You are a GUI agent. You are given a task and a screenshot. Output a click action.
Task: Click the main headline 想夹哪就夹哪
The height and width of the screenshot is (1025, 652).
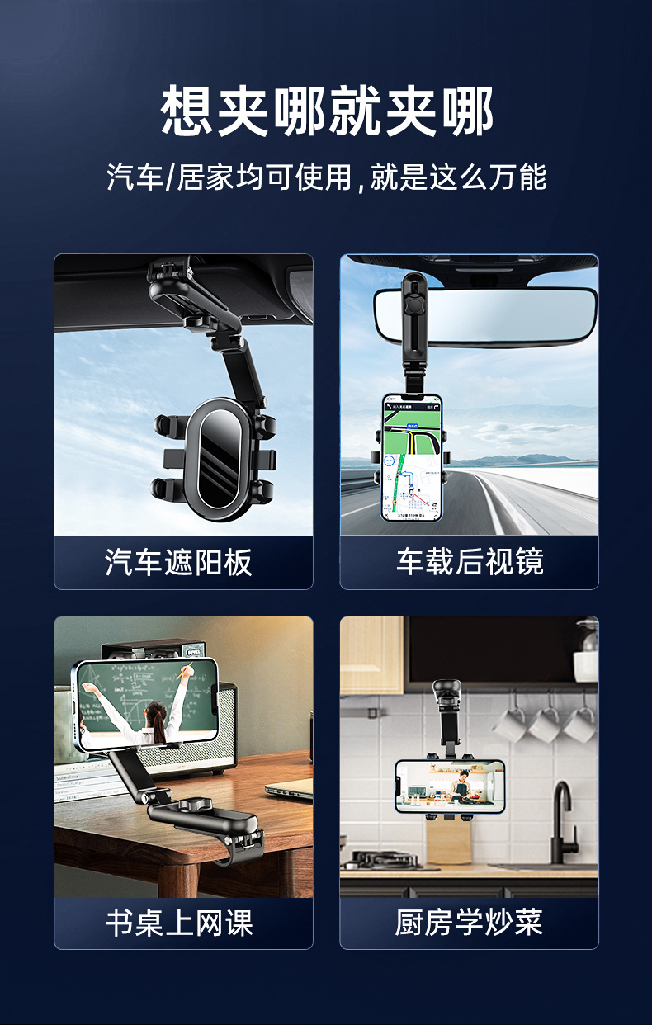tap(326, 111)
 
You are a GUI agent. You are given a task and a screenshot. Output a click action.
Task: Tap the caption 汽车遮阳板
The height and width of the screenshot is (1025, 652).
tap(179, 563)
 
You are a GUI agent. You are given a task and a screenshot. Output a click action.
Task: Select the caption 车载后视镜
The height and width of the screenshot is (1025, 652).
tap(469, 563)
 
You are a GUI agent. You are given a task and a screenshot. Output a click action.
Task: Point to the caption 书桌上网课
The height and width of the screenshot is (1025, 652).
tap(179, 923)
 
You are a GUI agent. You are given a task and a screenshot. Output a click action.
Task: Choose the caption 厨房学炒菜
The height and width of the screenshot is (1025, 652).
tap(469, 923)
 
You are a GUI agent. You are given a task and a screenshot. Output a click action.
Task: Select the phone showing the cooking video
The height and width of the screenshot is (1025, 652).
tap(449, 786)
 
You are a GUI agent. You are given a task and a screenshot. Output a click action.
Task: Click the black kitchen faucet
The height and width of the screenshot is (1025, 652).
tap(563, 821)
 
